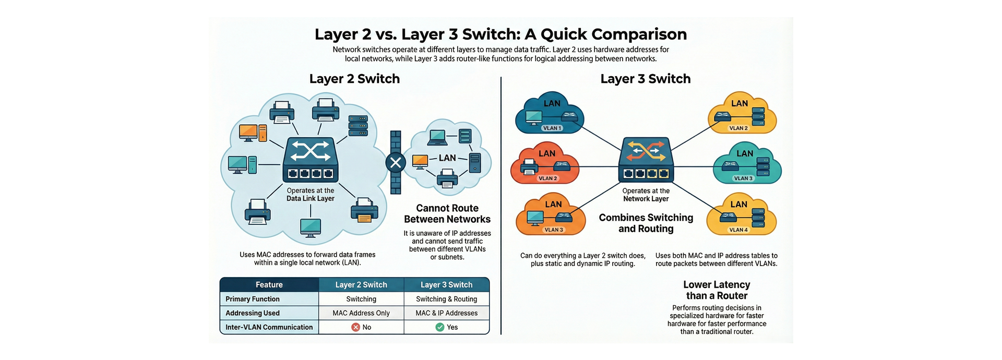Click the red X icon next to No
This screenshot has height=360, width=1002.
(355, 327)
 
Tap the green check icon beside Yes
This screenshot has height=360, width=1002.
(440, 327)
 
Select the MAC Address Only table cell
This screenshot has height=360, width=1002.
(361, 313)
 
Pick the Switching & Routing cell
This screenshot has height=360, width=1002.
(446, 299)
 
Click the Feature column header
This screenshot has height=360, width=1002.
(269, 285)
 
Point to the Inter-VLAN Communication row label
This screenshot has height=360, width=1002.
(269, 327)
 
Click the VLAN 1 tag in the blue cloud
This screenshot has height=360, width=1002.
(552, 128)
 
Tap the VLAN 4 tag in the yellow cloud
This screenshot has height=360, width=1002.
(738, 230)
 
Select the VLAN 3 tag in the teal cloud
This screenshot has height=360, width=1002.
(743, 178)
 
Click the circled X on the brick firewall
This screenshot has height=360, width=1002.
(396, 163)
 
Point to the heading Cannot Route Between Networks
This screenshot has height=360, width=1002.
(447, 214)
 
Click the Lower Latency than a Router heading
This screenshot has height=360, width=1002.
(717, 290)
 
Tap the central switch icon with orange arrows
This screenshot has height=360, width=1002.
(646, 159)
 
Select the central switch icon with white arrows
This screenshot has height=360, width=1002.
(310, 159)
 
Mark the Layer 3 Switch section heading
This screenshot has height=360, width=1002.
(645, 79)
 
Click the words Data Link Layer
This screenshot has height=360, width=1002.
(310, 199)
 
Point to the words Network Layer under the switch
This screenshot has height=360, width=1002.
(646, 199)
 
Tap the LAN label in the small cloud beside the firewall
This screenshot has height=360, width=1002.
(447, 158)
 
